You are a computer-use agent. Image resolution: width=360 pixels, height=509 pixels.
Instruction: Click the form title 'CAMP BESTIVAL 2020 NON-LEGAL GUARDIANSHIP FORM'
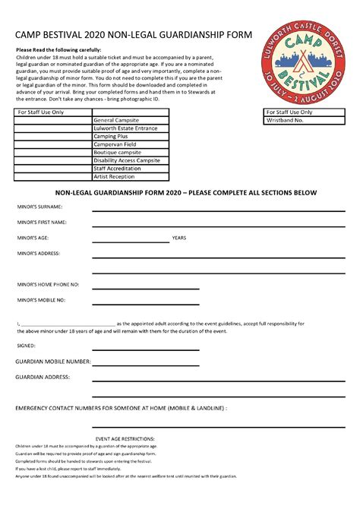click(x=130, y=35)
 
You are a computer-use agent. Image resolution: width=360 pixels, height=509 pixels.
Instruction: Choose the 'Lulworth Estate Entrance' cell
click(x=125, y=128)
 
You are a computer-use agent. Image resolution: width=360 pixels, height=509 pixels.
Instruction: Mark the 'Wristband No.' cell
click(x=285, y=120)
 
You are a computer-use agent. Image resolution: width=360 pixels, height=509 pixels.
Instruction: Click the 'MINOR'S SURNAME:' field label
click(x=39, y=206)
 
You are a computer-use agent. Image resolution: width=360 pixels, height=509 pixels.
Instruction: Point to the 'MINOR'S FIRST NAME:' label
click(x=42, y=222)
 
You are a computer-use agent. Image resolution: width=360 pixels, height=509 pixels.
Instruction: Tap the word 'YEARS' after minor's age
click(x=179, y=238)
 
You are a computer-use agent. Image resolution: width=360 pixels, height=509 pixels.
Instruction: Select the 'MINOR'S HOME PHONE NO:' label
click(x=48, y=284)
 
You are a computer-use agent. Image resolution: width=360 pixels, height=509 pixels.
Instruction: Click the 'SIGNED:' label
click(x=26, y=345)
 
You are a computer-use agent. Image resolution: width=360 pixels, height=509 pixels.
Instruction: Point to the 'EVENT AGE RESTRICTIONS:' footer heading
click(x=125, y=438)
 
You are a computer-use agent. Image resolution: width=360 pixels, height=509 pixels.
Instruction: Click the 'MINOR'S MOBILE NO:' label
click(x=41, y=300)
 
